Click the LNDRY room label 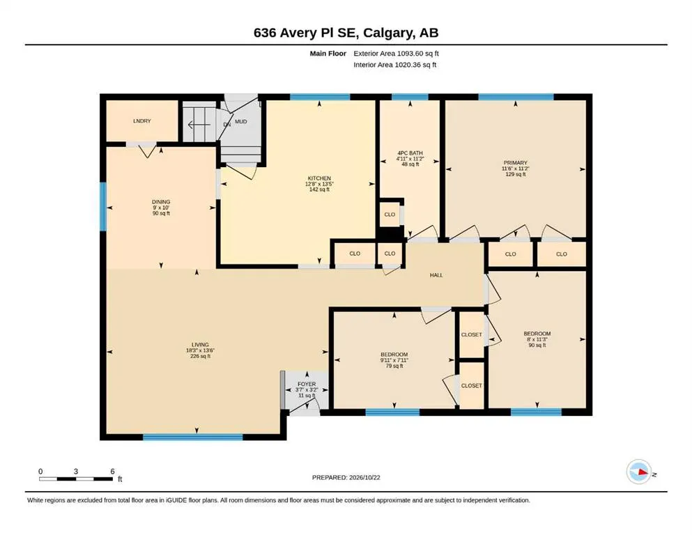pyautogui.click(x=142, y=121)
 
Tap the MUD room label pyautogui.click(x=241, y=121)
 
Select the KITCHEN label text pyautogui.click(x=319, y=178)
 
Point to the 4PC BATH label pyautogui.click(x=410, y=153)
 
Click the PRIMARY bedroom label pyautogui.click(x=516, y=163)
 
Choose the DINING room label pyautogui.click(x=161, y=202)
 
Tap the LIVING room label pyautogui.click(x=201, y=345)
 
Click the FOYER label pyautogui.click(x=307, y=384)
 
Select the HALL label pyautogui.click(x=436, y=275)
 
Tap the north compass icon pyautogui.click(x=639, y=472)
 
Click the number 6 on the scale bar pyautogui.click(x=112, y=472)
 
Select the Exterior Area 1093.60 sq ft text pyautogui.click(x=396, y=54)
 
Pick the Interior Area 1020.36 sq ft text pyautogui.click(x=394, y=65)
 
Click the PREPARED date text pyautogui.click(x=346, y=477)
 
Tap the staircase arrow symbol pyautogui.click(x=199, y=125)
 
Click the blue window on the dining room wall pyautogui.click(x=103, y=206)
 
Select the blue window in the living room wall pyautogui.click(x=193, y=437)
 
